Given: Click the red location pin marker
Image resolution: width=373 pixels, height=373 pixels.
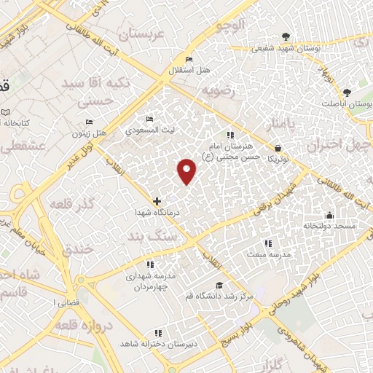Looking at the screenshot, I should click(187, 170).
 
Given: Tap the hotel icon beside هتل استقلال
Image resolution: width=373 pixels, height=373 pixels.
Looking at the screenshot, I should click(189, 59).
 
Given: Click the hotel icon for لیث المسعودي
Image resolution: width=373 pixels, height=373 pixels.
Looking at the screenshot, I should click(150, 119).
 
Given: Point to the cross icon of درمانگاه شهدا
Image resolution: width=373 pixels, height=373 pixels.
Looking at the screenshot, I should click(157, 201).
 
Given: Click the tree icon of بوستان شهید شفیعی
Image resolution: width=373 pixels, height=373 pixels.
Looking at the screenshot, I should click(286, 36).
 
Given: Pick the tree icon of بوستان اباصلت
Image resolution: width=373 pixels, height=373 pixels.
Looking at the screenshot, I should click(347, 93).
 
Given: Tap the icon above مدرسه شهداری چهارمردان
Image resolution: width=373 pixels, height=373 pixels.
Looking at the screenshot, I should click(150, 265).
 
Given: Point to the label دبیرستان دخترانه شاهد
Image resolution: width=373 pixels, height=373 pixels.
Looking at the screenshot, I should click(149, 342).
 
